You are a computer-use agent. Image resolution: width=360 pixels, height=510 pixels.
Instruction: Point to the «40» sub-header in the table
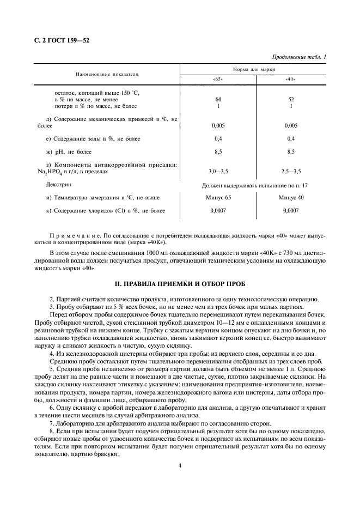click(290, 80)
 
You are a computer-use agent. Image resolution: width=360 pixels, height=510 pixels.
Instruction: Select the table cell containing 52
click(290, 100)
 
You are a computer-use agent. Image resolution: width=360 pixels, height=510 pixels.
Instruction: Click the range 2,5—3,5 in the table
click(290, 172)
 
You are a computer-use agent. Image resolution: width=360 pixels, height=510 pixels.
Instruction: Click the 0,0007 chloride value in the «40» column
click(290, 210)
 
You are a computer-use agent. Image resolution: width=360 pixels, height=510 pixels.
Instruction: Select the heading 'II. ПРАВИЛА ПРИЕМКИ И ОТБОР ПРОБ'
click(180, 284)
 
